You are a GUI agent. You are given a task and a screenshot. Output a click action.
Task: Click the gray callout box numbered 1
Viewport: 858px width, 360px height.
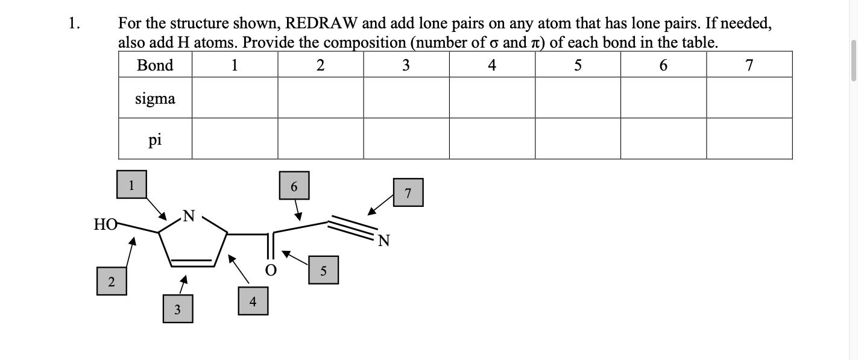pyautogui.click(x=131, y=185)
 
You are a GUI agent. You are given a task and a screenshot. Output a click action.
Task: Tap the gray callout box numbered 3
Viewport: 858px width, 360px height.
pyautogui.click(x=178, y=309)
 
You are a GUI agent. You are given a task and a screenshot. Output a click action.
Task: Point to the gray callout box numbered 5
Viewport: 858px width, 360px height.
pyautogui.click(x=323, y=270)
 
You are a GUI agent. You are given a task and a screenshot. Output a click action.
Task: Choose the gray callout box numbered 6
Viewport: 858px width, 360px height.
pyautogui.click(x=294, y=186)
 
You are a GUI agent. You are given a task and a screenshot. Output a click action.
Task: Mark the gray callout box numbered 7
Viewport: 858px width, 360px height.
pyautogui.click(x=408, y=192)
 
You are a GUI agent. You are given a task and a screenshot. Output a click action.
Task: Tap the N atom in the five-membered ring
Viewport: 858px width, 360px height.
pyautogui.click(x=189, y=215)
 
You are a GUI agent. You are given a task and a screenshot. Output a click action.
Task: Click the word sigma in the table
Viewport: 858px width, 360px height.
pyautogui.click(x=155, y=98)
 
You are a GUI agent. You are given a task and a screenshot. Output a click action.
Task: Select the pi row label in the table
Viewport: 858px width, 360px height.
pyautogui.click(x=155, y=139)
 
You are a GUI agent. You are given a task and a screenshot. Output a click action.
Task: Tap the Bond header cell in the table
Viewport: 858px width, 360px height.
pyautogui.click(x=155, y=65)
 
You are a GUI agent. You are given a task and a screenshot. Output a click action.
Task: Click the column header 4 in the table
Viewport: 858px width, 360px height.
pyautogui.click(x=492, y=65)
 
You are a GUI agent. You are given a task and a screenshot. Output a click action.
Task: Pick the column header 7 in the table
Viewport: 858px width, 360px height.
pyautogui.click(x=749, y=65)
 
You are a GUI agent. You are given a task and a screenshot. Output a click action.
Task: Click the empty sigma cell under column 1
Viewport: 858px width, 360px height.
pyautogui.click(x=235, y=98)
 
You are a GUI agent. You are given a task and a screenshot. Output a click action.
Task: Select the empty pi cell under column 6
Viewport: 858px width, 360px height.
pyautogui.click(x=663, y=139)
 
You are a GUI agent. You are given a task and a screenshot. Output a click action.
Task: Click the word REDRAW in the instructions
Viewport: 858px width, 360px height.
pyautogui.click(x=321, y=24)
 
